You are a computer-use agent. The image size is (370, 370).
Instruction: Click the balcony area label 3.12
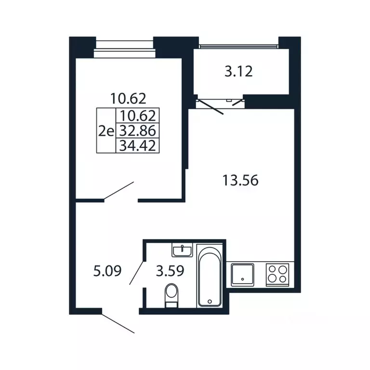238,71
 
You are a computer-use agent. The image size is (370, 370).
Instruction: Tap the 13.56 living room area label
240,181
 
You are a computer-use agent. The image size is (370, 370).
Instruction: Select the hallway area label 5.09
107,271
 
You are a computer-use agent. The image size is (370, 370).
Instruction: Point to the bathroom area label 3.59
170,271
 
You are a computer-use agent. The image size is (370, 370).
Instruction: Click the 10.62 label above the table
128,98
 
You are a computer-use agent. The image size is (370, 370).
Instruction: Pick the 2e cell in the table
106,131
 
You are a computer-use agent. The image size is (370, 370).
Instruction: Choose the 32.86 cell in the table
138,131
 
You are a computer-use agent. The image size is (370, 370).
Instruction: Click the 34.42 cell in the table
138,145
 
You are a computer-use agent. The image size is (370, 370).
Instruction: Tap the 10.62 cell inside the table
138,116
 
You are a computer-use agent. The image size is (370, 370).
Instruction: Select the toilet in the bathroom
172,295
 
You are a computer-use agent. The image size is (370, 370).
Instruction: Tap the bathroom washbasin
182,250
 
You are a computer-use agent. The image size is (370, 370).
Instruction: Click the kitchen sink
242,275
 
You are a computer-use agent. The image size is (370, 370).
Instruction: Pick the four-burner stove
277,275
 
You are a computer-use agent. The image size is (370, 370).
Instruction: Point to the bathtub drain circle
210,301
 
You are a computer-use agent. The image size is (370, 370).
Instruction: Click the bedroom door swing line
119,191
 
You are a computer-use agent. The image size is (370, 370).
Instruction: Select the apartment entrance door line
118,324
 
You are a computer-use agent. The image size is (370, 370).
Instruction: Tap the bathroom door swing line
136,273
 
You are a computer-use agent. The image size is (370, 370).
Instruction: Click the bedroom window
125,49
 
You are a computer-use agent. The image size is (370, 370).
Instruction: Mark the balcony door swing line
210,107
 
